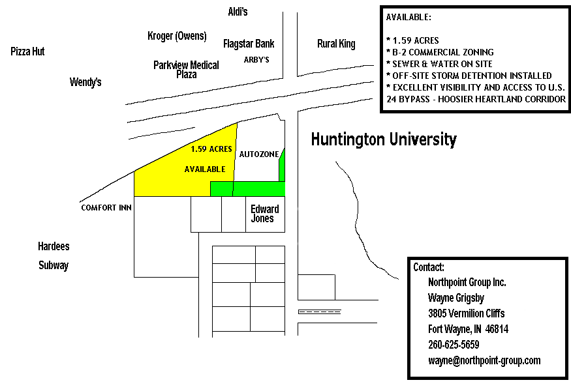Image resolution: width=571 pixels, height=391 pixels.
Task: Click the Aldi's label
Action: pyautogui.click(x=238, y=12)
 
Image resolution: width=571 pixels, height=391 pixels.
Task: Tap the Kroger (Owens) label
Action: pyautogui.click(x=177, y=36)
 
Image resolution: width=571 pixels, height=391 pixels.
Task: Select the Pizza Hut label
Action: pyautogui.click(x=27, y=51)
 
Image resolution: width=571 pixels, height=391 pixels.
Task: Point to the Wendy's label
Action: pyautogui.click(x=85, y=82)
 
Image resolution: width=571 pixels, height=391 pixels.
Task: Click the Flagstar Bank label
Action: pyautogui.click(x=249, y=44)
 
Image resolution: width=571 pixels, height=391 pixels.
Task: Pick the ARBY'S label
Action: pyautogui.click(x=256, y=60)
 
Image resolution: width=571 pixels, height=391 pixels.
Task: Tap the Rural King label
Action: pyautogui.click(x=336, y=44)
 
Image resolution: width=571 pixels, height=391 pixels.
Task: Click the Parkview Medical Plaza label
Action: pyautogui.click(x=186, y=70)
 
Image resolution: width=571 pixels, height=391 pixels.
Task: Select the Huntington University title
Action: pyautogui.click(x=384, y=139)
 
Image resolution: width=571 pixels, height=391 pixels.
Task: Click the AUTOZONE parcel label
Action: pyautogui.click(x=259, y=154)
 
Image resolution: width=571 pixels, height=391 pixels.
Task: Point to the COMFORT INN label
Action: pyautogui.click(x=106, y=208)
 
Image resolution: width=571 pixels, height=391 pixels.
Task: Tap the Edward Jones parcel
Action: pyautogui.click(x=265, y=214)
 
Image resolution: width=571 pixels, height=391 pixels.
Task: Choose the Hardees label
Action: pyautogui.click(x=54, y=246)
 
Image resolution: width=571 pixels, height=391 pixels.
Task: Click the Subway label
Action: pyautogui.click(x=54, y=265)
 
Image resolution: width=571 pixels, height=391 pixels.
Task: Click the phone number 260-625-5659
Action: pyautogui.click(x=454, y=345)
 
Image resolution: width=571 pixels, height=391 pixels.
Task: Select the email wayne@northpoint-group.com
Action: pyautogui.click(x=484, y=360)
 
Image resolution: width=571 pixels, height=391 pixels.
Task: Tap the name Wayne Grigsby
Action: pyautogui.click(x=456, y=298)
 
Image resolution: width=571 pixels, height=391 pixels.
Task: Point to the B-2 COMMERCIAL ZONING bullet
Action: pyautogui.click(x=440, y=52)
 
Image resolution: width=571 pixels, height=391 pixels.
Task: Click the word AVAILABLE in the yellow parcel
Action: pyautogui.click(x=205, y=169)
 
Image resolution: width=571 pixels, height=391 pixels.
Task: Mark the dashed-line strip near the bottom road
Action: pyautogui.click(x=320, y=311)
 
